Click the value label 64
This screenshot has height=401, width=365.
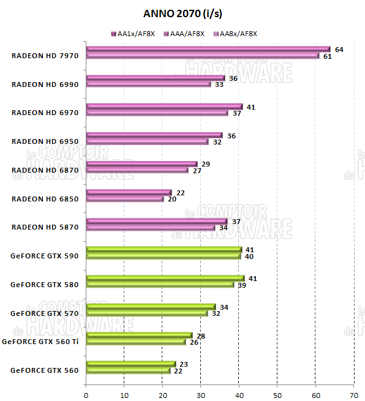pyautogui.click(x=339, y=49)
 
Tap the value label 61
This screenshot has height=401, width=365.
pyautogui.click(x=328, y=56)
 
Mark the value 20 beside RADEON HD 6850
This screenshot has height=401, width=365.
pyautogui.click(x=171, y=200)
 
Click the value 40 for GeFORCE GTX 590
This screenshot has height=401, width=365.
pyautogui.click(x=249, y=257)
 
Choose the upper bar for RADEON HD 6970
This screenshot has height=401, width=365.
pyautogui.click(x=164, y=107)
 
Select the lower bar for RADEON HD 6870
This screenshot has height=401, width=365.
pyautogui.click(x=137, y=170)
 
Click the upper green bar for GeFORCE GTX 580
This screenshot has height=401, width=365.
pyautogui.click(x=165, y=278)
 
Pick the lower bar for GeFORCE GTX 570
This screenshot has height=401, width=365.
pyautogui.click(x=147, y=313)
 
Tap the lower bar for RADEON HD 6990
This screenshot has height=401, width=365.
pyautogui.click(x=148, y=84)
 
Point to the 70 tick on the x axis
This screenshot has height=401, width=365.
pyautogui.click(x=353, y=394)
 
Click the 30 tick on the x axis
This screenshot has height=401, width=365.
pyautogui.click(x=201, y=394)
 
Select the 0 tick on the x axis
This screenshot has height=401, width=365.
pyautogui.click(x=86, y=394)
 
